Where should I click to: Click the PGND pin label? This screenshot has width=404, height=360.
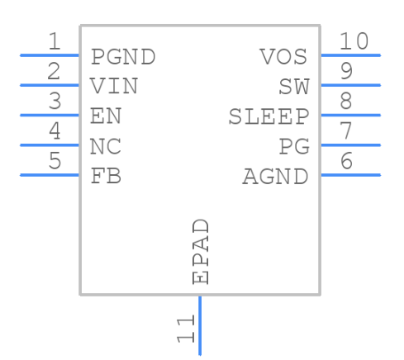pyautogui.click(x=123, y=58)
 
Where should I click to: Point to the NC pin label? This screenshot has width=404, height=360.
pyautogui.click(x=106, y=147)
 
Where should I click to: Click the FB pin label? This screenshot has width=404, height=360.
pyautogui.click(x=106, y=177)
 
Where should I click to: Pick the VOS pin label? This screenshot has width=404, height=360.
pyautogui.click(x=283, y=58)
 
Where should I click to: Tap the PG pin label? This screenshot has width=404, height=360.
pyautogui.click(x=293, y=147)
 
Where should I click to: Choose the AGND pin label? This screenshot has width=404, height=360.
pyautogui.click(x=275, y=177)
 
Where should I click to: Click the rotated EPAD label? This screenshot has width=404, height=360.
pyautogui.click(x=200, y=252)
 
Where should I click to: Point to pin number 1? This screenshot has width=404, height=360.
pyautogui.click(x=54, y=41)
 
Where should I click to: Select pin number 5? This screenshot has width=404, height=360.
pyautogui.click(x=54, y=160)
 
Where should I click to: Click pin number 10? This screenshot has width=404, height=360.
pyautogui.click(x=354, y=41)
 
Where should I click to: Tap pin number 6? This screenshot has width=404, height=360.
pyautogui.click(x=346, y=160)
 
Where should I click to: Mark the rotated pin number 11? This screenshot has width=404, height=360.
pyautogui.click(x=185, y=329)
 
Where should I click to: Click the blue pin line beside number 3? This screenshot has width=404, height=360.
pyautogui.click(x=50, y=115)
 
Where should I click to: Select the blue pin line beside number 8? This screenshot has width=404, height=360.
pyautogui.click(x=350, y=115)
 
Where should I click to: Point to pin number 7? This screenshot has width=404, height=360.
pyautogui.click(x=346, y=130)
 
